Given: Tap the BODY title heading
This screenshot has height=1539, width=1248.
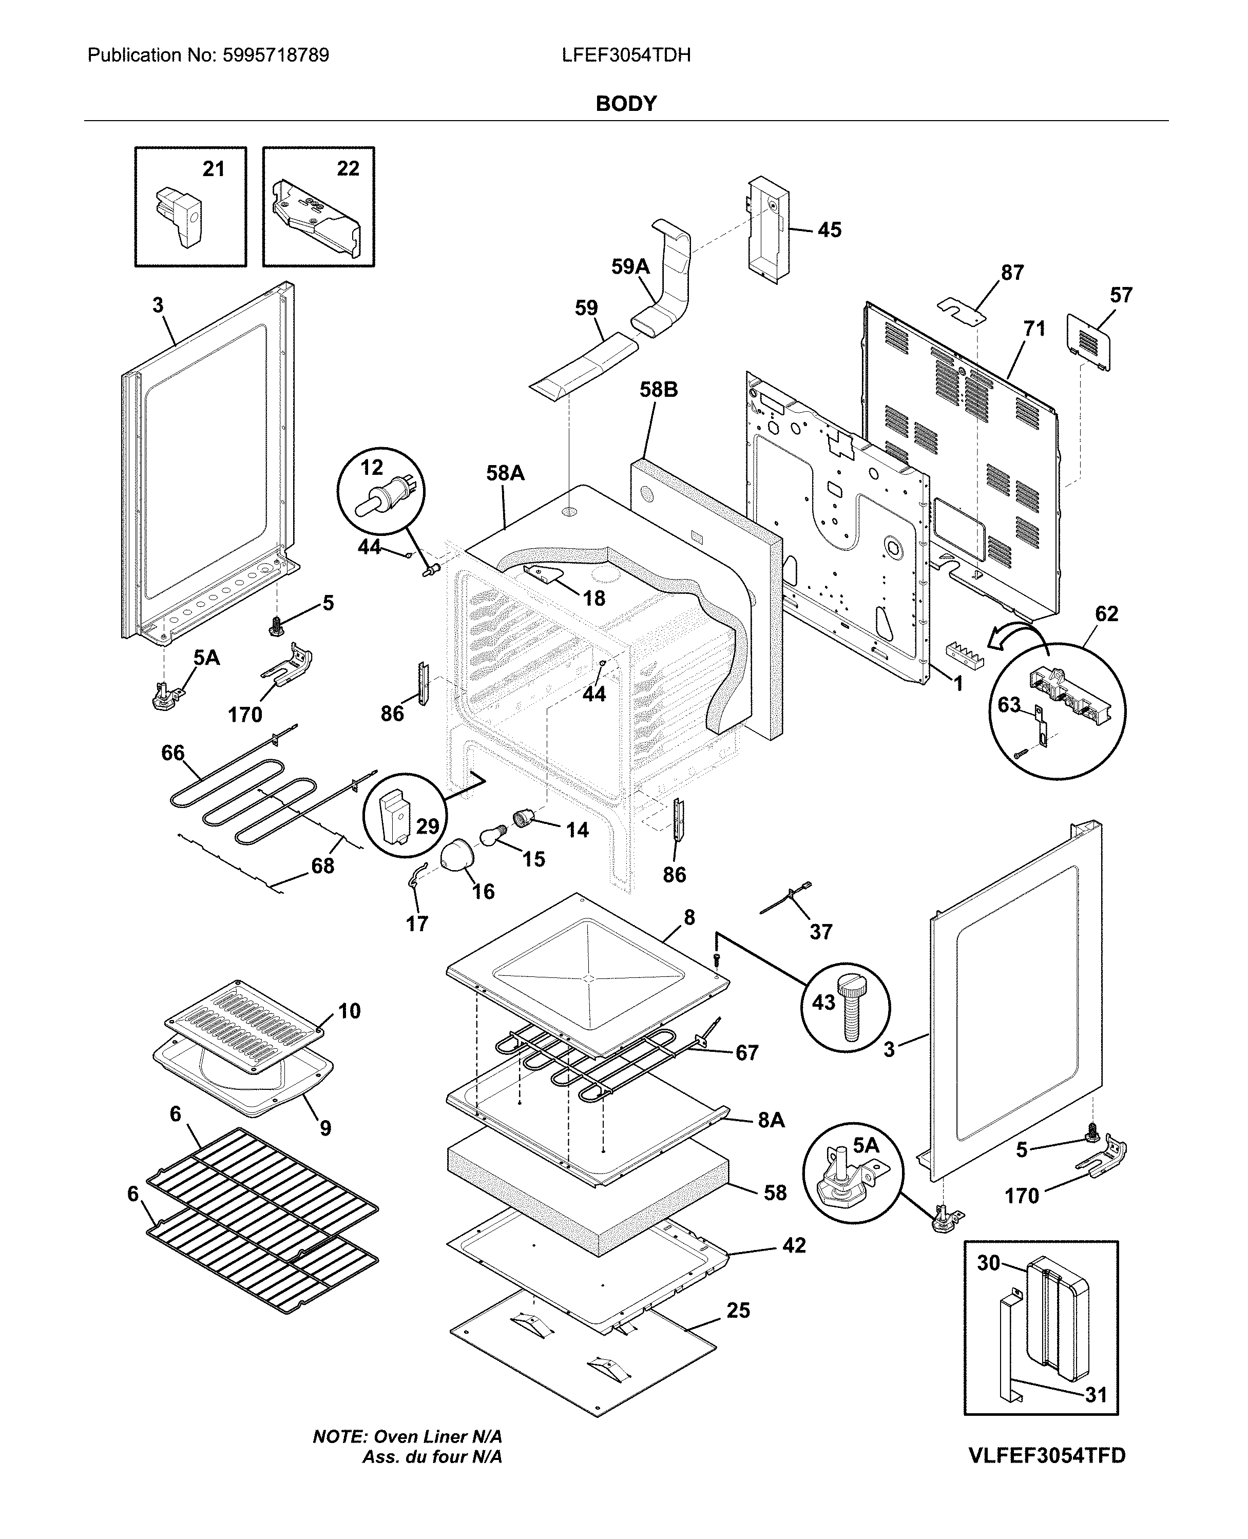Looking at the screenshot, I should point(625,104).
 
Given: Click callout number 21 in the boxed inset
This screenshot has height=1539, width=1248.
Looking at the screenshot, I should point(214,169).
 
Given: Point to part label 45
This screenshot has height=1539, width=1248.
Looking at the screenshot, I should point(830,230).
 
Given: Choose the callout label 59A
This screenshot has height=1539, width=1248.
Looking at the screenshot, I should point(630,267).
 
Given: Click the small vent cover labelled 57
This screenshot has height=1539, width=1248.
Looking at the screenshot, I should point(1088,341).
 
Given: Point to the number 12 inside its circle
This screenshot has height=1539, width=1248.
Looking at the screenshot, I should point(371,468).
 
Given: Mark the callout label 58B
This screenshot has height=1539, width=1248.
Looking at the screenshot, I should point(659,390).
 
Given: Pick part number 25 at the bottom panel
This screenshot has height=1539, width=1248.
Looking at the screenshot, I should point(738,1311).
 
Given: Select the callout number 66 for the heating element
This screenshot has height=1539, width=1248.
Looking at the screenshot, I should point(173,753).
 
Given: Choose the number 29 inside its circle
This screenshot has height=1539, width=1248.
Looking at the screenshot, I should point(427,826).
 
